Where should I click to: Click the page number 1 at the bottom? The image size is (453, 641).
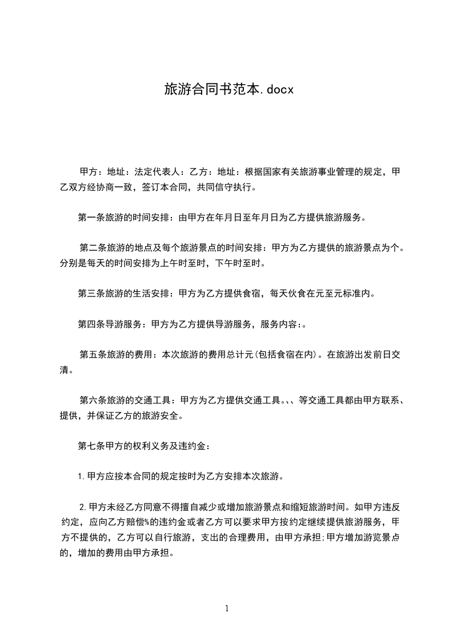227,608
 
